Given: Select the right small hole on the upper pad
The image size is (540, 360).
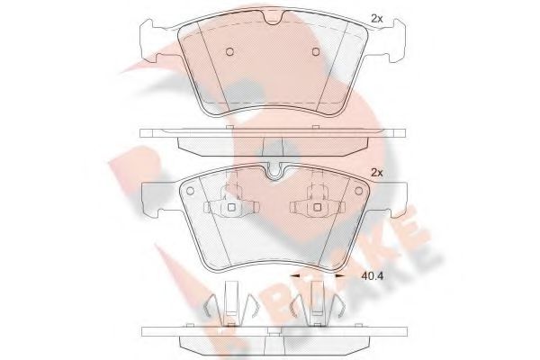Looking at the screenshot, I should point(316,50).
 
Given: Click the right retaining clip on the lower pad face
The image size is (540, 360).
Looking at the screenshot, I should point(316,204).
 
